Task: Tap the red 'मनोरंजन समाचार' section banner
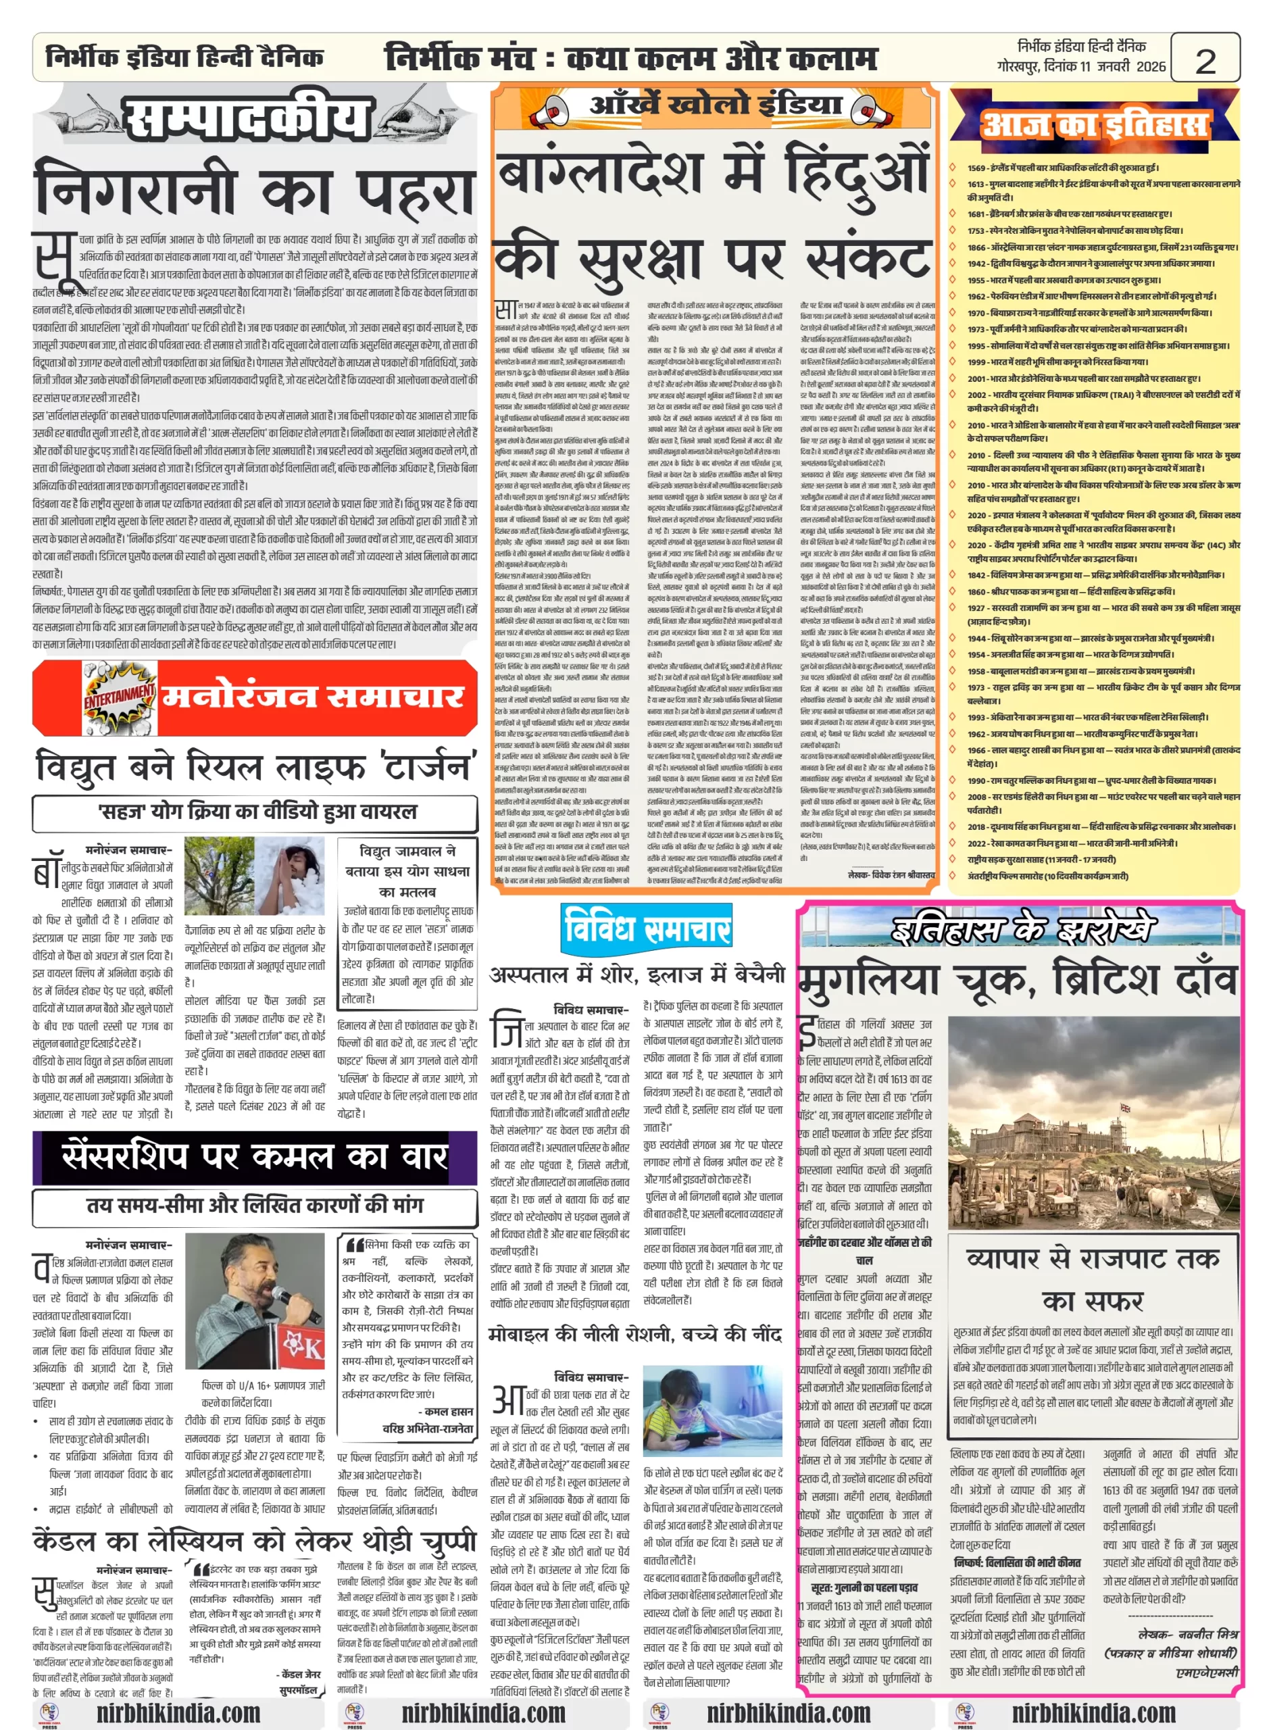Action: tap(311, 696)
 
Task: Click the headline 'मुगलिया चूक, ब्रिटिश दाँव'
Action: tap(1017, 979)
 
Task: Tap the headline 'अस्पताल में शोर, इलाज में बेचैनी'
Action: tap(637, 974)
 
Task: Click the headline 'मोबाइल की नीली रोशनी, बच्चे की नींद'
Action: tap(636, 1333)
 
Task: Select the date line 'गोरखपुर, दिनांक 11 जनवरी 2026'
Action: tap(1080, 66)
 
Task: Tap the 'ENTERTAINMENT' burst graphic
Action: tap(120, 694)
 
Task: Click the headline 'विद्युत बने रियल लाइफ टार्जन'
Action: tap(254, 768)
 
